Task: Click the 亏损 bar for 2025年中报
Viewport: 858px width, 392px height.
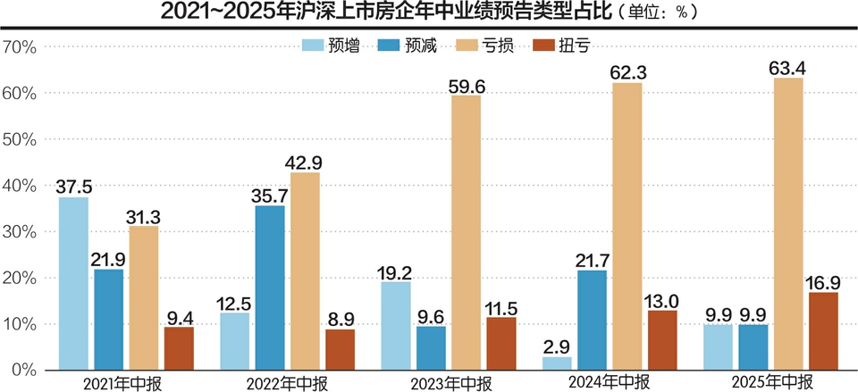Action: click(787, 223)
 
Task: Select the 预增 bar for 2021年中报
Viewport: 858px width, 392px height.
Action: click(73, 283)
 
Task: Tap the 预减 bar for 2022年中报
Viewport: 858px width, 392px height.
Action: click(270, 288)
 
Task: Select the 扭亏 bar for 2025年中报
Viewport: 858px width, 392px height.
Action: click(823, 330)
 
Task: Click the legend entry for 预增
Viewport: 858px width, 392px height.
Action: click(332, 46)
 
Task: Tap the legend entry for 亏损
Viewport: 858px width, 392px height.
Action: click(484, 46)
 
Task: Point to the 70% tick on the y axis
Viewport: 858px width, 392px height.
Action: click(19, 47)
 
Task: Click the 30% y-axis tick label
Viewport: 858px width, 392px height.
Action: click(19, 232)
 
